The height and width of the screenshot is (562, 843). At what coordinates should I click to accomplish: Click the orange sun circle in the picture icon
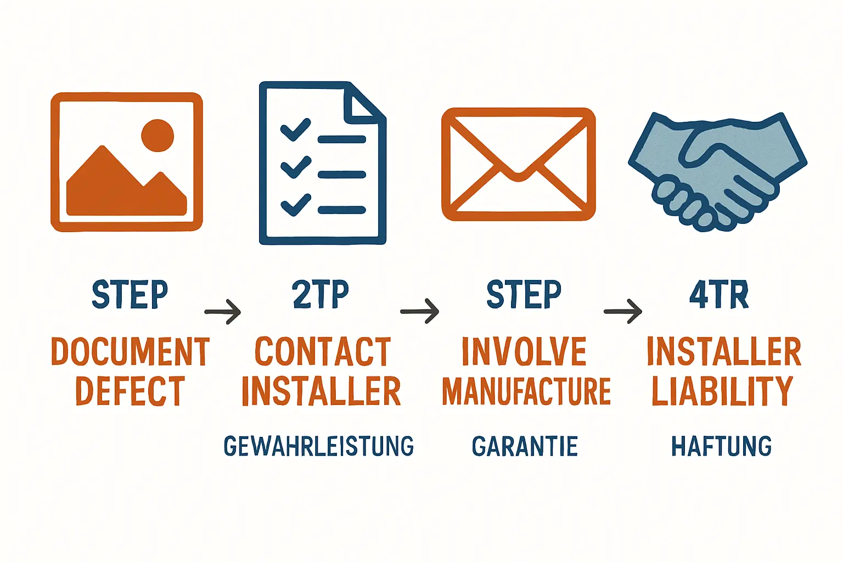[x=158, y=135]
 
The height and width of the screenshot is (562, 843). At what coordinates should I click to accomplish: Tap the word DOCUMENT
[x=131, y=352]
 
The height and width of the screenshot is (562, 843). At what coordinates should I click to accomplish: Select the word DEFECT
[x=130, y=391]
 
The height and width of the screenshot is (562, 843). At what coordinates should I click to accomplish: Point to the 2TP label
[x=321, y=294]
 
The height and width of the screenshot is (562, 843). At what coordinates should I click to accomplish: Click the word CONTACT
[x=322, y=352]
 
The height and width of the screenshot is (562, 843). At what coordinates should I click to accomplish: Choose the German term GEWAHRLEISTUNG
[x=319, y=446]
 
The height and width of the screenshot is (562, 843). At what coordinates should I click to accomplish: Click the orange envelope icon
[x=518, y=165]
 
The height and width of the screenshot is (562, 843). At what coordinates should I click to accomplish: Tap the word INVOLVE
[x=524, y=352]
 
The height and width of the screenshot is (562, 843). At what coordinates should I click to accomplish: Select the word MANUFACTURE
[x=526, y=391]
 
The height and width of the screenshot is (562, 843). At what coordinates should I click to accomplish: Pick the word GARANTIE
[x=525, y=446]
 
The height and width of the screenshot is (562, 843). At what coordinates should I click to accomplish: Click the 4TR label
[x=719, y=294]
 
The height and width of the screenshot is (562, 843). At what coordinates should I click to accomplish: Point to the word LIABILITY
[x=722, y=391]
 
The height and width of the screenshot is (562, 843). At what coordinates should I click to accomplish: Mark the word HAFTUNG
[x=722, y=446]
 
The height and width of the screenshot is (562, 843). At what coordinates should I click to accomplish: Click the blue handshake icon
[x=717, y=170]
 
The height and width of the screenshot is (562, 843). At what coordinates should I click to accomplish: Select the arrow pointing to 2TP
[x=223, y=312]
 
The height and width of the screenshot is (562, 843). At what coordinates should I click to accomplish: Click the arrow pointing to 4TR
[x=623, y=312]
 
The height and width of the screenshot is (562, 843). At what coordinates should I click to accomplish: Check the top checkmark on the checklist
[x=295, y=130]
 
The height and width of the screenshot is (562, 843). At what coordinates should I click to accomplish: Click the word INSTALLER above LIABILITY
[x=723, y=352]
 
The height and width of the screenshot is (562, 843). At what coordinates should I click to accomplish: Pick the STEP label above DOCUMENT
[x=130, y=294]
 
